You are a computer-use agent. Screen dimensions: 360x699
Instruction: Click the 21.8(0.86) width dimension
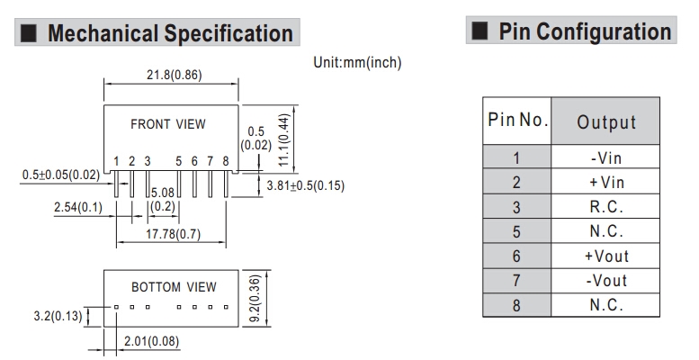coord(172,76)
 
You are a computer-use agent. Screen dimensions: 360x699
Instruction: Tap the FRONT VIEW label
coord(167,124)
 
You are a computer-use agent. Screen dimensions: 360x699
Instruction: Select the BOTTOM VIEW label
coord(174,287)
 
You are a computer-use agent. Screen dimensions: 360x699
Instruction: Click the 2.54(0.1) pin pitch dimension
coord(77,208)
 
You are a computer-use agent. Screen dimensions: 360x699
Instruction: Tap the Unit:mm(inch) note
coord(358,62)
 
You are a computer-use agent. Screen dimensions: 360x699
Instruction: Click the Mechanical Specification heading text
coord(170,34)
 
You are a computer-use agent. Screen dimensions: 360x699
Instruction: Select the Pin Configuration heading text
coord(585,32)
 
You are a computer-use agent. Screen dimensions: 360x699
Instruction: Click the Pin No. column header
coord(517,121)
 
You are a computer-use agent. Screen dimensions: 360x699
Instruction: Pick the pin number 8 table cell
coord(516,305)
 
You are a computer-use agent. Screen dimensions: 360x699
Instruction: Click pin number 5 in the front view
coord(180,161)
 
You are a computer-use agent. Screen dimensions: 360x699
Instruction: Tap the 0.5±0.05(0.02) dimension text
coord(60,175)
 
